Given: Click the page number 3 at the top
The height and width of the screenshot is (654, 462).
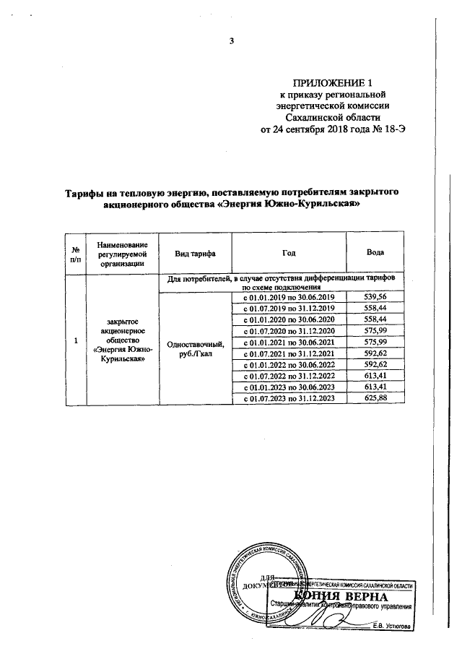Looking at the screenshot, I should (232, 40).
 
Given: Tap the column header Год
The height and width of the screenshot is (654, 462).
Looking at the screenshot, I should (289, 254).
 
